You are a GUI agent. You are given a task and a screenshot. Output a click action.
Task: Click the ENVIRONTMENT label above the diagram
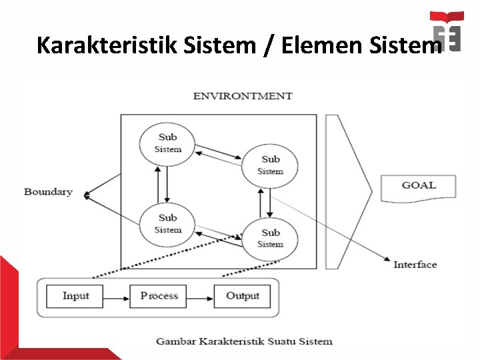(x=243, y=96)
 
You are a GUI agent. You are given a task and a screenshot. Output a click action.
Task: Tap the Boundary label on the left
(x=48, y=192)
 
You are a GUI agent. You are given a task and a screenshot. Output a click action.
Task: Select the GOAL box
(x=419, y=187)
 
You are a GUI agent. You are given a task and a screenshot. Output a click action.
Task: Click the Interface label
(x=415, y=265)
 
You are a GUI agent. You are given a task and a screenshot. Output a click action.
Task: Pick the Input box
(x=75, y=296)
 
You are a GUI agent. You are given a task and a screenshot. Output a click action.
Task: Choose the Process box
(x=159, y=296)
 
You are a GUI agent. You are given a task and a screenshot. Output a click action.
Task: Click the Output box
(x=242, y=296)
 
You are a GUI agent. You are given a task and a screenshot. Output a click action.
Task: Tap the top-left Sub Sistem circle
(x=167, y=143)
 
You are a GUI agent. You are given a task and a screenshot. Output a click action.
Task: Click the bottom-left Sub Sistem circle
(x=167, y=223)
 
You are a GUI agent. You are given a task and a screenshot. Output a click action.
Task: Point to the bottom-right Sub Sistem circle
(x=270, y=238)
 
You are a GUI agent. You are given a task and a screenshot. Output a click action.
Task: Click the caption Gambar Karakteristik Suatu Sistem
(x=244, y=341)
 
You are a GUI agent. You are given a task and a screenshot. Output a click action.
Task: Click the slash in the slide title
(x=268, y=45)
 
